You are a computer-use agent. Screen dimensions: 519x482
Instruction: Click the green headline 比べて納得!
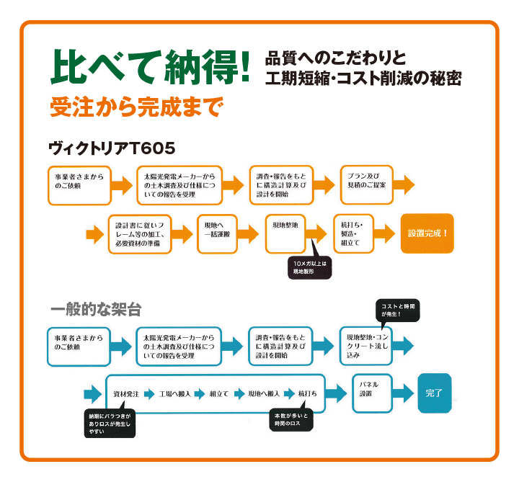click(150, 67)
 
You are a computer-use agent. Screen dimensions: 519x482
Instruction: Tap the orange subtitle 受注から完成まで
click(137, 107)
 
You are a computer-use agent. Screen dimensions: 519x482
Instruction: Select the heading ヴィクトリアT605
click(112, 148)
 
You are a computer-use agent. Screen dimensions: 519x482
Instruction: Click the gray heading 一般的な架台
click(96, 309)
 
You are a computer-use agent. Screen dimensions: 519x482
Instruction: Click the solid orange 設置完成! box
click(427, 233)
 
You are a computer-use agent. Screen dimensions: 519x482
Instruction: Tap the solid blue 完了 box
click(435, 393)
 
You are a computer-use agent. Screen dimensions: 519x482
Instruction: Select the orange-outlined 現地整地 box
click(285, 233)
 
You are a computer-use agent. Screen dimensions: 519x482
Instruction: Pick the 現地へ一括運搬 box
click(217, 233)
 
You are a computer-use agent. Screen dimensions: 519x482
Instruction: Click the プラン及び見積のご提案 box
click(367, 184)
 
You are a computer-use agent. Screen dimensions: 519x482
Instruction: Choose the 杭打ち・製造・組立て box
click(353, 233)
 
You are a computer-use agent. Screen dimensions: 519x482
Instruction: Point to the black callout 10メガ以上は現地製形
click(309, 267)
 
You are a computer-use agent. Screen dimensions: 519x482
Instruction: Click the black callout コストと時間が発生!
click(398, 311)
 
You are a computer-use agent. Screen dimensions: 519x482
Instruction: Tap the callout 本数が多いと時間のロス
click(291, 420)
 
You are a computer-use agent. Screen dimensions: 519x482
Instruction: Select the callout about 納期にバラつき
click(110, 424)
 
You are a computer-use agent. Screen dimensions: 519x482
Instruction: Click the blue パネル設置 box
click(372, 393)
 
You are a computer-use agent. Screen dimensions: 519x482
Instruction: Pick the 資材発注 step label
click(126, 394)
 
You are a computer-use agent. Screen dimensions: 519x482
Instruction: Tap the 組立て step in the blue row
click(219, 394)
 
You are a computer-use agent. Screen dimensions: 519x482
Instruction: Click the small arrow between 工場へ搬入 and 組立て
click(199, 394)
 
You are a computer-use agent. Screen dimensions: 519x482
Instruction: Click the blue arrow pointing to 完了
click(403, 393)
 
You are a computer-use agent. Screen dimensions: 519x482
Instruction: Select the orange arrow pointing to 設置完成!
click(384, 233)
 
